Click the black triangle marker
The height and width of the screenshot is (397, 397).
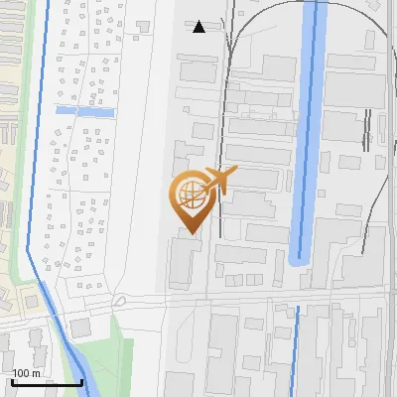(x=198, y=27)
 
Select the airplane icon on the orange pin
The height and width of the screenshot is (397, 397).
(x=218, y=181)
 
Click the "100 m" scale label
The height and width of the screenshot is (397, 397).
(x=27, y=373)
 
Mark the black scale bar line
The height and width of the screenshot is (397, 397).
(x=47, y=382)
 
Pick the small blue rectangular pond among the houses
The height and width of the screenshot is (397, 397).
(x=85, y=110)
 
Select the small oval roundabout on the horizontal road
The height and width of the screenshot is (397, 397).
(x=120, y=300)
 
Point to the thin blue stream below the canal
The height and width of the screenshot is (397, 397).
(x=295, y=347)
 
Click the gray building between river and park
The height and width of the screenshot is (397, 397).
(x=79, y=329)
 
